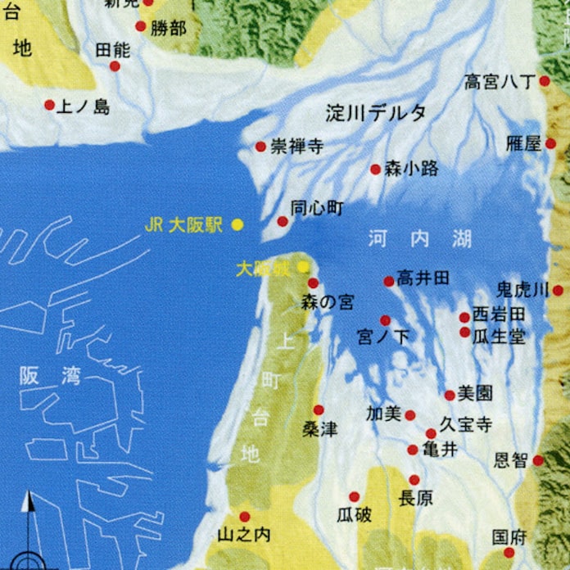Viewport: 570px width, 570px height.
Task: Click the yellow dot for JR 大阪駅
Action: pyautogui.click(x=237, y=224)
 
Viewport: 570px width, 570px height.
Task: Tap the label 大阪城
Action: pyautogui.click(x=261, y=268)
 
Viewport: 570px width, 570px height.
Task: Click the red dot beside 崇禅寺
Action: pyautogui.click(x=260, y=147)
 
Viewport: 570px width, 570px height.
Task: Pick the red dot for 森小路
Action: pyautogui.click(x=375, y=170)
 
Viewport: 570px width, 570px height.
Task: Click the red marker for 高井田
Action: pyautogui.click(x=389, y=281)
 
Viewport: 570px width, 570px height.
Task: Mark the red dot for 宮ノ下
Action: pyautogui.click(x=385, y=320)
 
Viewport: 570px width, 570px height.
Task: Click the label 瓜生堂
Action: pyautogui.click(x=499, y=337)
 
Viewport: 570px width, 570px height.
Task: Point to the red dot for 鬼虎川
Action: pyautogui.click(x=558, y=290)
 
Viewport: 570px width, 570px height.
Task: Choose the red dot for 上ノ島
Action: pyautogui.click(x=49, y=105)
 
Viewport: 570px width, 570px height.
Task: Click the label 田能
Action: pyautogui.click(x=112, y=49)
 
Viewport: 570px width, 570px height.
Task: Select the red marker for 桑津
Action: pyautogui.click(x=319, y=409)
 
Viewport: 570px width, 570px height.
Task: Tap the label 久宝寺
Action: pyautogui.click(x=465, y=424)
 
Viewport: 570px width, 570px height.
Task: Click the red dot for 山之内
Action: pyautogui.click(x=244, y=516)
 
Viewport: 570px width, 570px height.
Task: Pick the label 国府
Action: pyautogui.click(x=509, y=537)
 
